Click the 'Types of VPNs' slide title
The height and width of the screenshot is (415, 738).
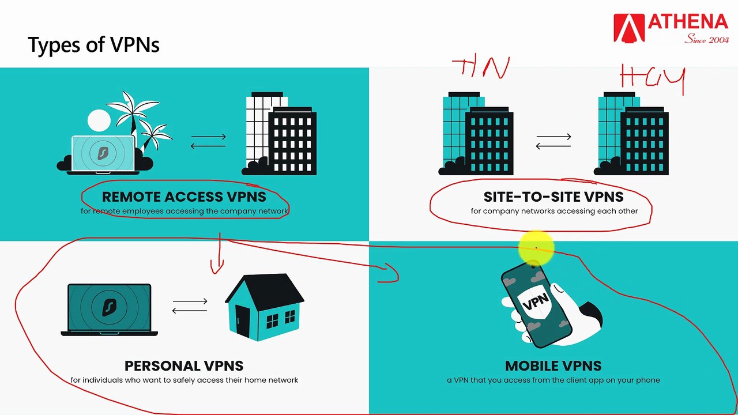93,45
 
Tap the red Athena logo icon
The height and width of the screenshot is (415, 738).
629,28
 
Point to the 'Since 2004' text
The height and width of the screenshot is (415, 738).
706,39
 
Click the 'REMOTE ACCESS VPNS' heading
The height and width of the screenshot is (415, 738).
184,197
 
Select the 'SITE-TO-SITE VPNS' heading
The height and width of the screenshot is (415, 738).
553,197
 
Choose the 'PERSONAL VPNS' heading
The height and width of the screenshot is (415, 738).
184,365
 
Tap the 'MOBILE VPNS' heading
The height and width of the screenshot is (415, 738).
553,365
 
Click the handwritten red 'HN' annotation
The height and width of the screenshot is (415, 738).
481,68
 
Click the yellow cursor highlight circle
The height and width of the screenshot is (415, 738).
536,248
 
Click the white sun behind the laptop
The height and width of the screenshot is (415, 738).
99,120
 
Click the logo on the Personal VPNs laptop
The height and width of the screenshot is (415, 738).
108,308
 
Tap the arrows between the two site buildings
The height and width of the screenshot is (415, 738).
553,141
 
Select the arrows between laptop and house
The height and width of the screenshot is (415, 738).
190,306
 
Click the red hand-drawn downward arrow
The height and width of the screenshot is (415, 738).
218,254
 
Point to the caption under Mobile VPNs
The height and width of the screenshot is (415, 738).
553,380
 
